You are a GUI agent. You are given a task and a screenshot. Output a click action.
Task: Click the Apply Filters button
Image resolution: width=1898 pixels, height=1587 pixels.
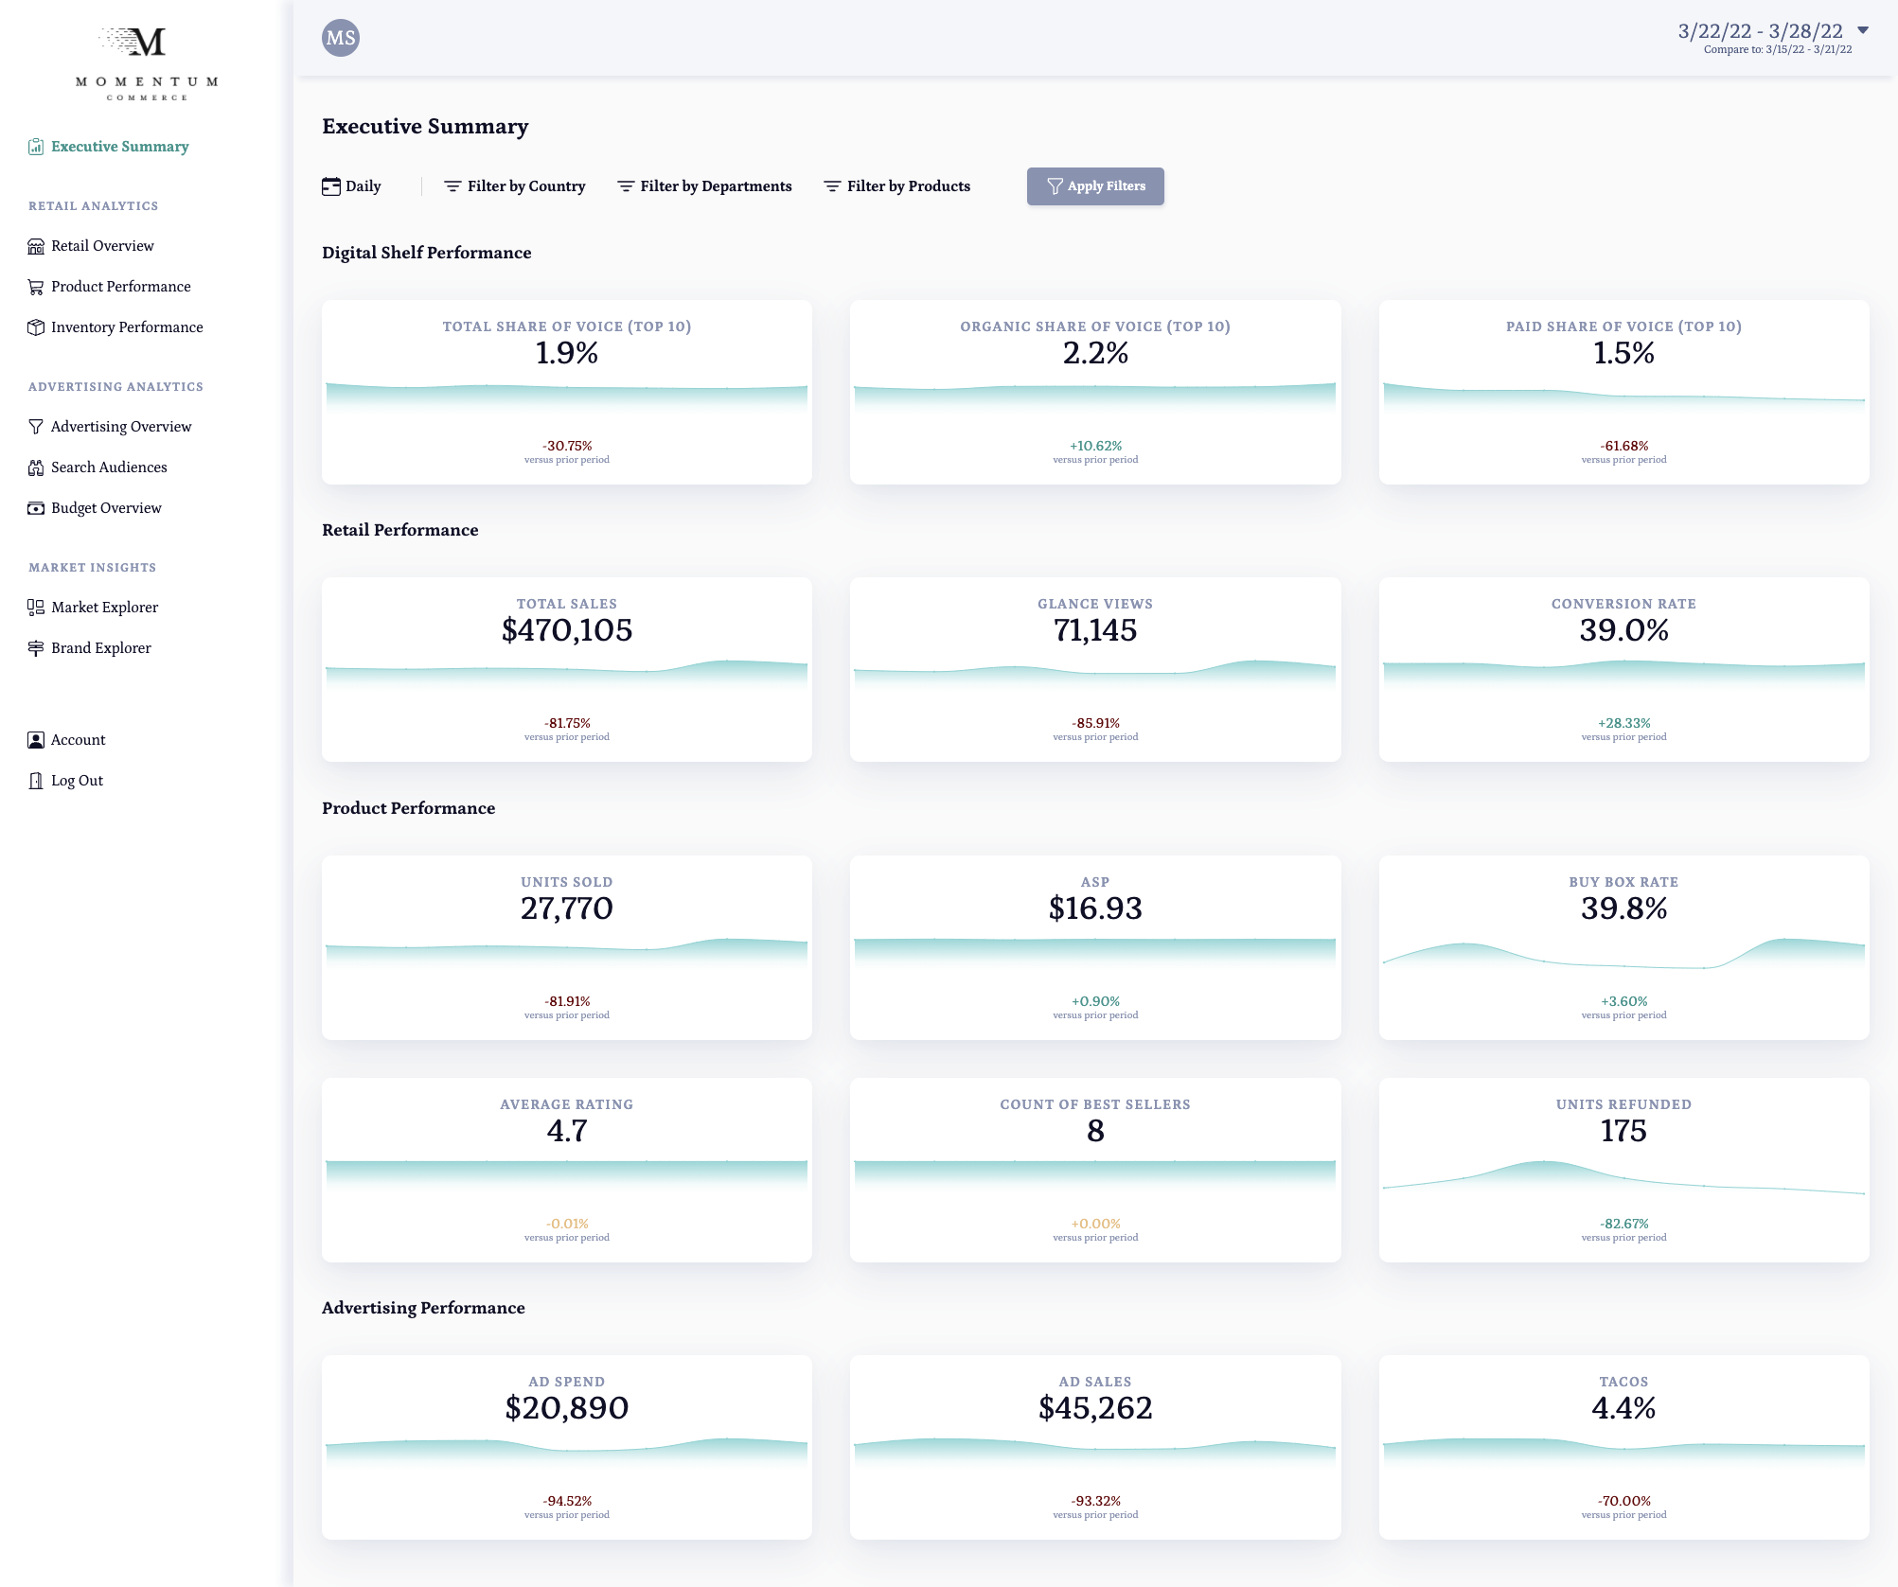pyautogui.click(x=1095, y=186)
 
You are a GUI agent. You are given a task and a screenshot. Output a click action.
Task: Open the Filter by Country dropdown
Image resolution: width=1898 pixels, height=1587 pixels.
pyautogui.click(x=515, y=186)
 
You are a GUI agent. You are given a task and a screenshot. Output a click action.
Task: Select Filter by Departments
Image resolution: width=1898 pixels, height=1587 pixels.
pyautogui.click(x=704, y=186)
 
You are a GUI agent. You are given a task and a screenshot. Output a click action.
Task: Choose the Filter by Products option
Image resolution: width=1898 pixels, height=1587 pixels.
pyautogui.click(x=896, y=186)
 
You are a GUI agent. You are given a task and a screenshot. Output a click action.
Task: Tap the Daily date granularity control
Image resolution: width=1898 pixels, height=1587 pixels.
pyautogui.click(x=351, y=186)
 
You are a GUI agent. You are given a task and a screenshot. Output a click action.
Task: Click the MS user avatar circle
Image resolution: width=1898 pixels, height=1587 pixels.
pyautogui.click(x=341, y=38)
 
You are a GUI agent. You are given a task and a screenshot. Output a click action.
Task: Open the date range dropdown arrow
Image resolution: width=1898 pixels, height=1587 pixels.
pyautogui.click(x=1863, y=30)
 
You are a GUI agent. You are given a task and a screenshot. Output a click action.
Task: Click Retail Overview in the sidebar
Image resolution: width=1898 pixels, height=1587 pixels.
pyautogui.click(x=102, y=246)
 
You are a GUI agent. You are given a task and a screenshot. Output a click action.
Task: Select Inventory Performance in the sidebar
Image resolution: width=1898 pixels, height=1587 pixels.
pyautogui.click(x=127, y=327)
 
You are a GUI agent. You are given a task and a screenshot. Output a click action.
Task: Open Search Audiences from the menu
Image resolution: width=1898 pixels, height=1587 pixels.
pyautogui.click(x=109, y=467)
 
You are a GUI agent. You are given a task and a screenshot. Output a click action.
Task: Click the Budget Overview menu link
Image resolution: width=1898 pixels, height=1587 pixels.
pyautogui.click(x=106, y=508)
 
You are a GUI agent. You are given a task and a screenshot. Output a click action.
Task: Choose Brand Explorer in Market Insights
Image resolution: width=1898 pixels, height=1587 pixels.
pyautogui.click(x=100, y=648)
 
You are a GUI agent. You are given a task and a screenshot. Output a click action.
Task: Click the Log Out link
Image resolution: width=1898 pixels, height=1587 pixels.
pyautogui.click(x=77, y=781)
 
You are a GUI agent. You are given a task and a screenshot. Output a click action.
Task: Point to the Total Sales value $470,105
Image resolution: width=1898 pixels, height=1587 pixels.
pyautogui.click(x=566, y=630)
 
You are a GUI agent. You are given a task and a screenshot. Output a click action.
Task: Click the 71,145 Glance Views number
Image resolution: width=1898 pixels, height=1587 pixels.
pyautogui.click(x=1094, y=630)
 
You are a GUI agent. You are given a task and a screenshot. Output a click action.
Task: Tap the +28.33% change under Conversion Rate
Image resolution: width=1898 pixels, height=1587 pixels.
pyautogui.click(x=1623, y=723)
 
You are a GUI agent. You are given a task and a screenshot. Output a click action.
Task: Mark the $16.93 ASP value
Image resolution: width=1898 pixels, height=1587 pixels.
pyautogui.click(x=1094, y=908)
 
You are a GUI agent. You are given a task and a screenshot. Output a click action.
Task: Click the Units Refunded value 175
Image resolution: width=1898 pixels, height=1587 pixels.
pyautogui.click(x=1623, y=1131)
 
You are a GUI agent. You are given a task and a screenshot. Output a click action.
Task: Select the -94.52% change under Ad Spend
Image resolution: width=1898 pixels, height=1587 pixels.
pyautogui.click(x=566, y=1501)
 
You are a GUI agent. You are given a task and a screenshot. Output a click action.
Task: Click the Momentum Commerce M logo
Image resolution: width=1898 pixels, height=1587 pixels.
pyautogui.click(x=146, y=43)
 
